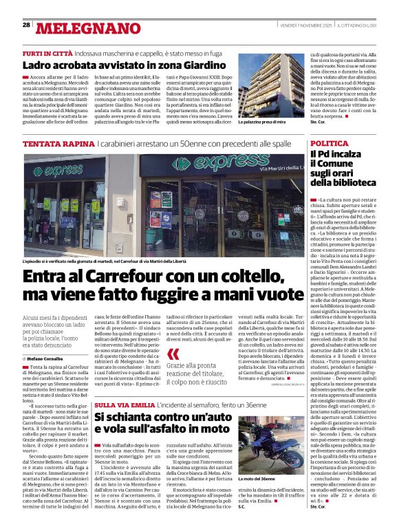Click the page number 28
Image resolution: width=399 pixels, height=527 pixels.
[26, 25]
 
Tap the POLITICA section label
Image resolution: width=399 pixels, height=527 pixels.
[328, 143]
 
